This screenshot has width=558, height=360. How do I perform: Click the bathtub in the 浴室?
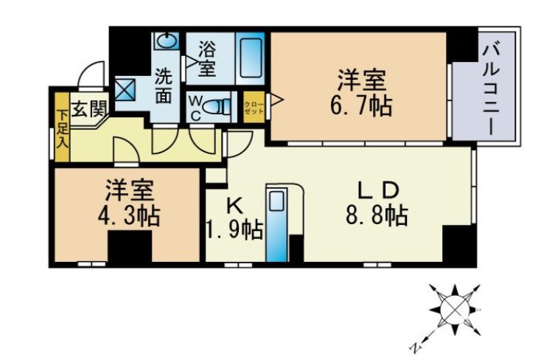coord(251,58)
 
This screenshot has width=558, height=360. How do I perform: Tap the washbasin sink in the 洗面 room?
coord(167,41)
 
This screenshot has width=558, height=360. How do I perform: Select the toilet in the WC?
coord(217,106)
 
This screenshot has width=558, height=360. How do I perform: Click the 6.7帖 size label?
coord(361,105)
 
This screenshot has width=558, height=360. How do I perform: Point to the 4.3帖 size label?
coord(129,216)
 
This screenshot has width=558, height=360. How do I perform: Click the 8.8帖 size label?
coord(377,215)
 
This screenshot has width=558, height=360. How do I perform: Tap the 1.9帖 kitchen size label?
coord(235,230)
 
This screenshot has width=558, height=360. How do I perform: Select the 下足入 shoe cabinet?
coord(62,127)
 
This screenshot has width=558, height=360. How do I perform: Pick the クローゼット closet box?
coord(254,107)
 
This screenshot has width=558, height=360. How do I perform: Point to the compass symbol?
coord(455,310)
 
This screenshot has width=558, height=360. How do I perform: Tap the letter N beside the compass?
coord(416,347)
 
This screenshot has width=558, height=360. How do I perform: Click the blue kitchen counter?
coord(276,224)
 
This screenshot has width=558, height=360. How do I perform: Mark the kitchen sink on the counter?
coord(276,201)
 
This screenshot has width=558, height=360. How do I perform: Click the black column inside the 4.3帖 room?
coord(130,247)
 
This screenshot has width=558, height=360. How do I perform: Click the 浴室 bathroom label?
coord(206,58)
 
